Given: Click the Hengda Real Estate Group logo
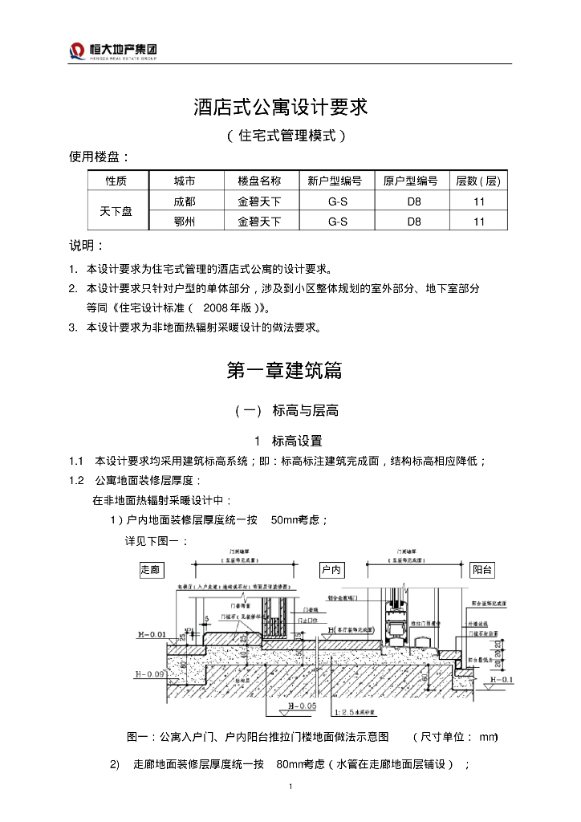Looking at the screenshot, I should (112, 51).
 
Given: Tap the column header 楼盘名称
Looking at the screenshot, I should (259, 181).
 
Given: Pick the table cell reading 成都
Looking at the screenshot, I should (185, 201).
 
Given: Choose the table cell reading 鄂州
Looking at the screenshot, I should (185, 221).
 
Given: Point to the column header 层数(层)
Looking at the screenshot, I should (478, 181).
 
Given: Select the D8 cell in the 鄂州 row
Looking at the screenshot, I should (414, 221).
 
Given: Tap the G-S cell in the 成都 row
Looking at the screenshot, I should (338, 201).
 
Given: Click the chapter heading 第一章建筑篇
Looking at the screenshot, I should (284, 370).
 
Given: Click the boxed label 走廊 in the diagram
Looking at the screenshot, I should (150, 570).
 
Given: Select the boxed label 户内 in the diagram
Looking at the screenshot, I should (331, 570).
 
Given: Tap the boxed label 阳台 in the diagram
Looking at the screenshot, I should (482, 570).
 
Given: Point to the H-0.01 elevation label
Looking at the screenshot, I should (151, 635).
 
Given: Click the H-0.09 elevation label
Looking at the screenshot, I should (150, 674).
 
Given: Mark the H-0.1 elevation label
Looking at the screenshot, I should (501, 680).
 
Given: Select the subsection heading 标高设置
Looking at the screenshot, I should (297, 440).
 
